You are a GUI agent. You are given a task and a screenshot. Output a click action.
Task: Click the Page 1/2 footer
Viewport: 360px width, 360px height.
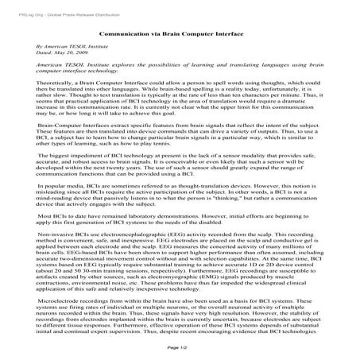(x=180, y=348)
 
